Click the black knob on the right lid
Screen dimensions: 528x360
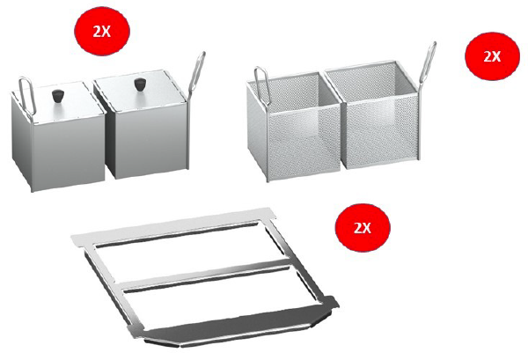pyautogui.click(x=139, y=84)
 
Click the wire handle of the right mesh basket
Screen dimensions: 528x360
pyautogui.click(x=428, y=64)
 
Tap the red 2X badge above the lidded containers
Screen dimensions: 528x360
pyautogui.click(x=102, y=31)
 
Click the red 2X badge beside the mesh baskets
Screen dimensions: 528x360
pyautogui.click(x=492, y=56)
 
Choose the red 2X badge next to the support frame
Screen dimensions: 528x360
pyautogui.click(x=363, y=228)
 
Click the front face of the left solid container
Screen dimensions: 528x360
pyautogui.click(x=69, y=153)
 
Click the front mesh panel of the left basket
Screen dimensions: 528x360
pyautogui.click(x=304, y=143)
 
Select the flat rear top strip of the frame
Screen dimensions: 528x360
pyautogui.click(x=173, y=224)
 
